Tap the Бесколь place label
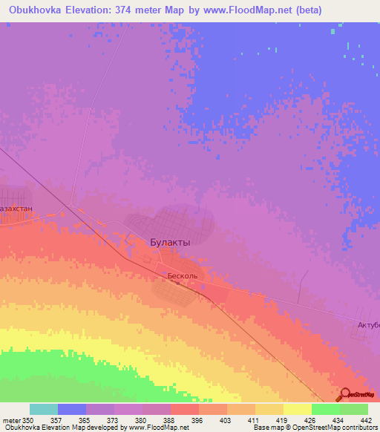(182, 275)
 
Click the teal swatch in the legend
(44, 409)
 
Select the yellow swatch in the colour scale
(297, 409)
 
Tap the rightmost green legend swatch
(354, 409)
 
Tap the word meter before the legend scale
(11, 420)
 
